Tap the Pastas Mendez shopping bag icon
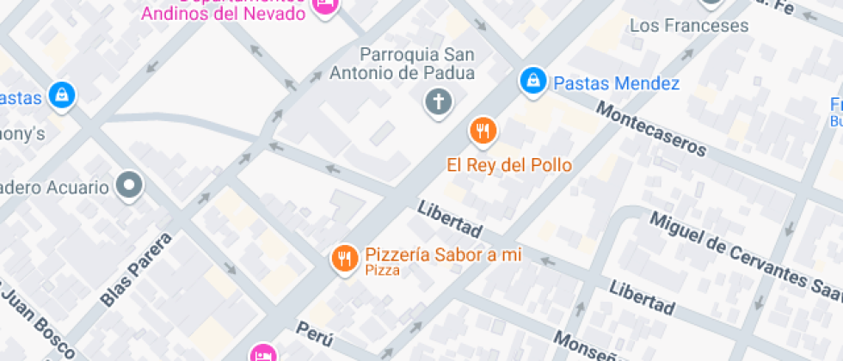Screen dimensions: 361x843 coord(533,83)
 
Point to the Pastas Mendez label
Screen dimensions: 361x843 coord(617,83)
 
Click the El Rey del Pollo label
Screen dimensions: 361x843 coord(509,164)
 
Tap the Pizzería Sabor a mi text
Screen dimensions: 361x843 coord(444,254)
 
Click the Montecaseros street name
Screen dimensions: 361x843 coord(651,129)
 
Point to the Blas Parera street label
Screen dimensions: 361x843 coord(135,266)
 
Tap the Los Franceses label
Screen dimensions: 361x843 coord(689,26)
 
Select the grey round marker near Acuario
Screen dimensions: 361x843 coord(131,184)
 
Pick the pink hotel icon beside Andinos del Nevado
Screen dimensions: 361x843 coord(325,5)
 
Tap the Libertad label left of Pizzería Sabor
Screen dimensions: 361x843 coord(448,220)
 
